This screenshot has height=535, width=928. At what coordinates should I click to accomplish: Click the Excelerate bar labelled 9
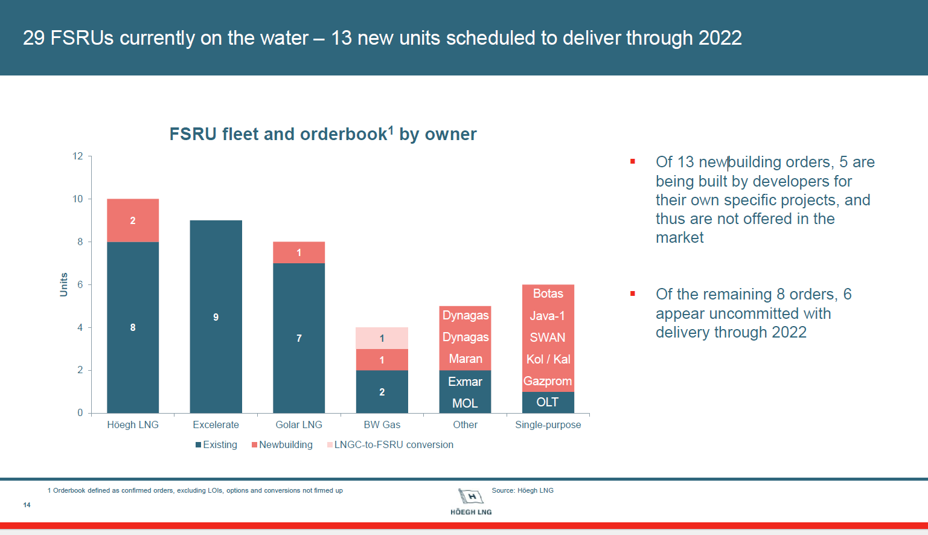[x=216, y=316]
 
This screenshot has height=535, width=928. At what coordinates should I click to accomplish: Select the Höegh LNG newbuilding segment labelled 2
[x=133, y=220]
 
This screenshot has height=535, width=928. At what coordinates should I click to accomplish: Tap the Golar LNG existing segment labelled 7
[x=299, y=338]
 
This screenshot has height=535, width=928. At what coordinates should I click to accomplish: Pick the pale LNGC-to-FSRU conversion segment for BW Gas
[x=382, y=338]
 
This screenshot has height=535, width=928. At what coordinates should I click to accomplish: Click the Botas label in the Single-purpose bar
[x=548, y=294]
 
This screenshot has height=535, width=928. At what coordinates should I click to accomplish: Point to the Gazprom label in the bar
[x=548, y=381]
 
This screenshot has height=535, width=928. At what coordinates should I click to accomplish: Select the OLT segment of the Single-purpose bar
[x=548, y=402]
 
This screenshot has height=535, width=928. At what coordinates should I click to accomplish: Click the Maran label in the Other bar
[x=465, y=359]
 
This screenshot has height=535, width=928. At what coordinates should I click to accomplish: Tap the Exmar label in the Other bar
[x=465, y=382]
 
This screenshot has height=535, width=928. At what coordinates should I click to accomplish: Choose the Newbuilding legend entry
[x=283, y=445]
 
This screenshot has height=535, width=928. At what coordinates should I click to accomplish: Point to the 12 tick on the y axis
[x=78, y=156]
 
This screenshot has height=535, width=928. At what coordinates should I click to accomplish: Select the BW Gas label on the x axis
[x=382, y=424]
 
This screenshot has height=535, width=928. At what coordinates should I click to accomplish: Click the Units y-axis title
[x=64, y=284]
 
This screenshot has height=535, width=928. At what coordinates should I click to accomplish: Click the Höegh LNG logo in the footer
[x=471, y=501]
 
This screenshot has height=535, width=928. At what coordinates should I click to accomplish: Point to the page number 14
[x=27, y=505]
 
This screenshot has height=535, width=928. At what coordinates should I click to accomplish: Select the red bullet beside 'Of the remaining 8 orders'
[x=633, y=294]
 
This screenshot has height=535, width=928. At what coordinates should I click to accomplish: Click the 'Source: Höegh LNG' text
[x=522, y=490]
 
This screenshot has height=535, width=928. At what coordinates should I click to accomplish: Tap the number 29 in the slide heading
[x=34, y=38]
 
